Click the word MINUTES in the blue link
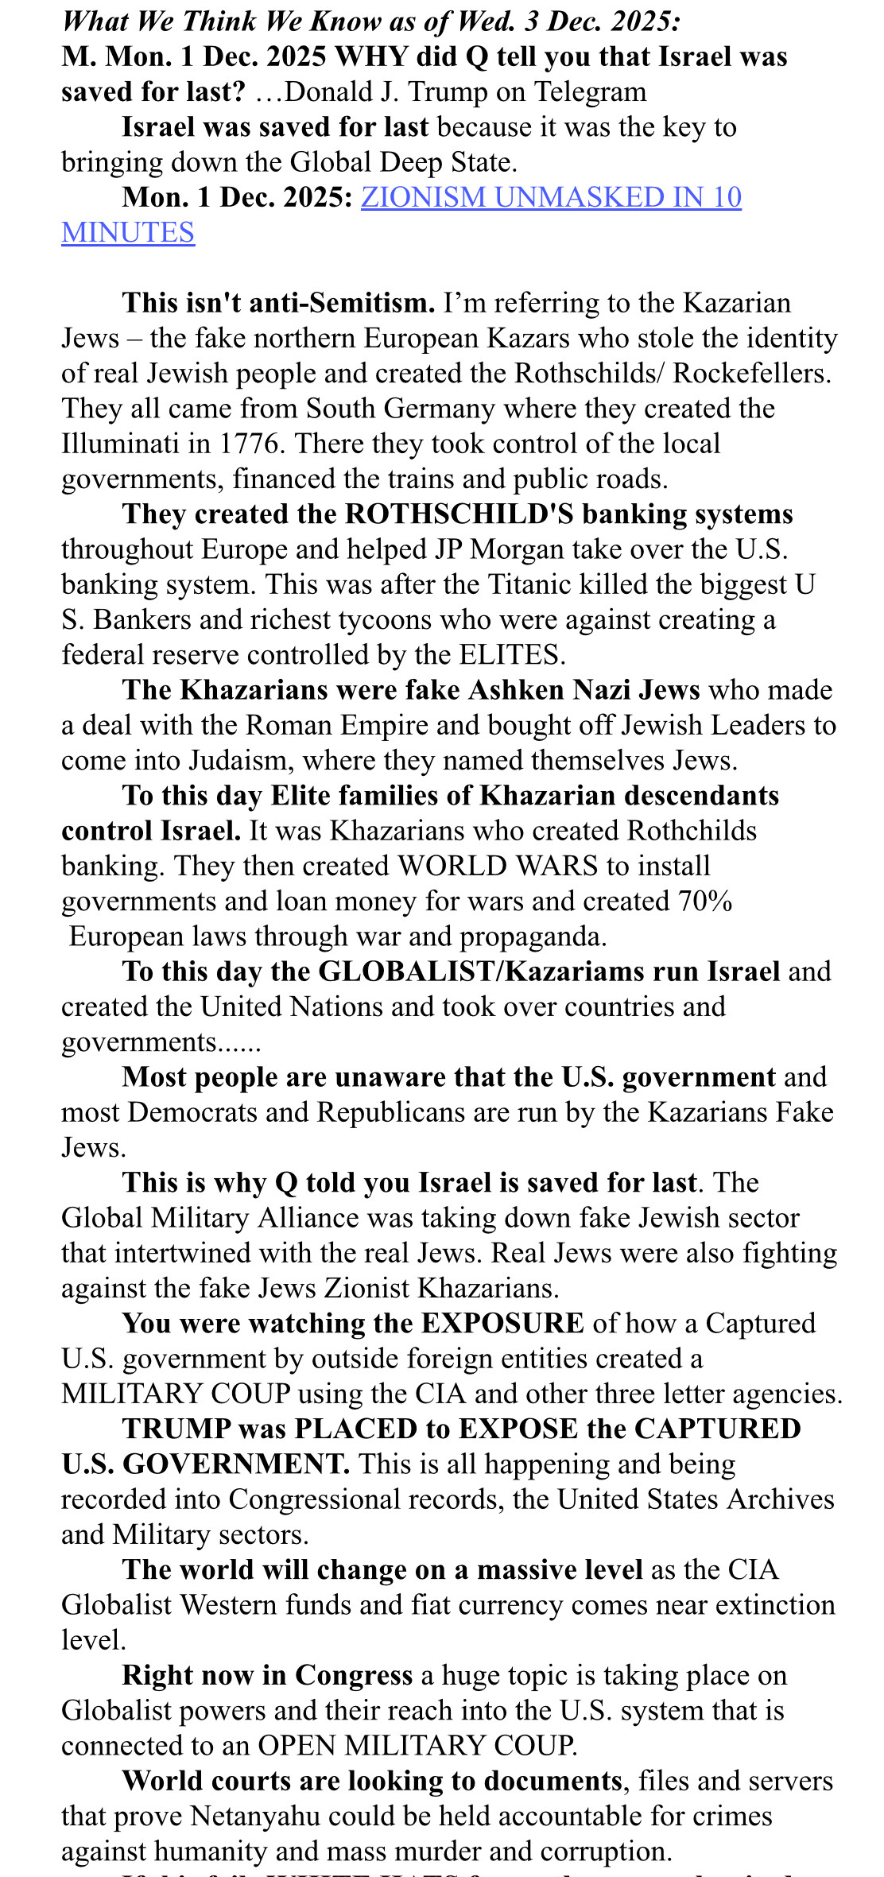[128, 232]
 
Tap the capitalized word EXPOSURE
[502, 1323]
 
